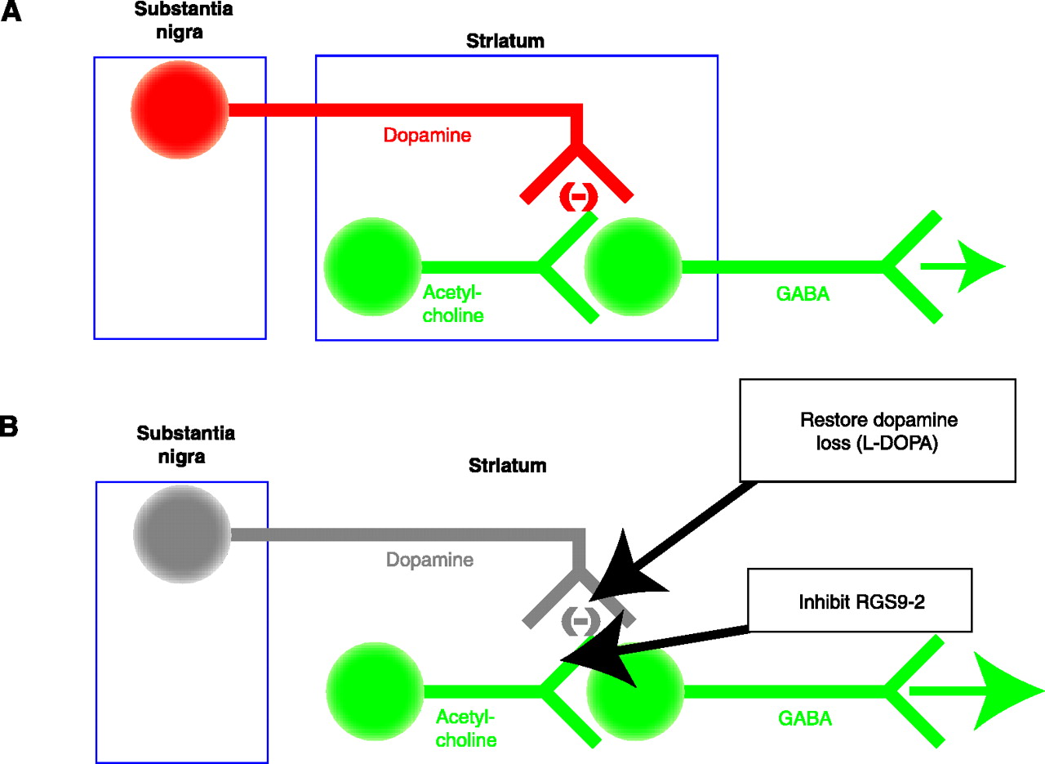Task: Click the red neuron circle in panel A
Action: [180, 109]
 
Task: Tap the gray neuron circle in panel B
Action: [182, 534]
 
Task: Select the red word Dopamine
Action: [427, 136]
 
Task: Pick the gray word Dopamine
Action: [429, 561]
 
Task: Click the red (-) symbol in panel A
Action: [578, 197]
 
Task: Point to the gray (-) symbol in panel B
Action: [580, 622]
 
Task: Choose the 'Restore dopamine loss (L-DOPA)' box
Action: [877, 430]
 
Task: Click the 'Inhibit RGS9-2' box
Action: [860, 601]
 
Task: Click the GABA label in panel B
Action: [805, 719]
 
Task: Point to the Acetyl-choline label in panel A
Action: [453, 303]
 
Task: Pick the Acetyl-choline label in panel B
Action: [466, 729]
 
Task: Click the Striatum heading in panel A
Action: [505, 41]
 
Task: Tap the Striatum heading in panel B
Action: [507, 467]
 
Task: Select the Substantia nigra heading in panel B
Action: [185, 444]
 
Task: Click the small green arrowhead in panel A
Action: [980, 266]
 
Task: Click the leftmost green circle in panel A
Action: [372, 266]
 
